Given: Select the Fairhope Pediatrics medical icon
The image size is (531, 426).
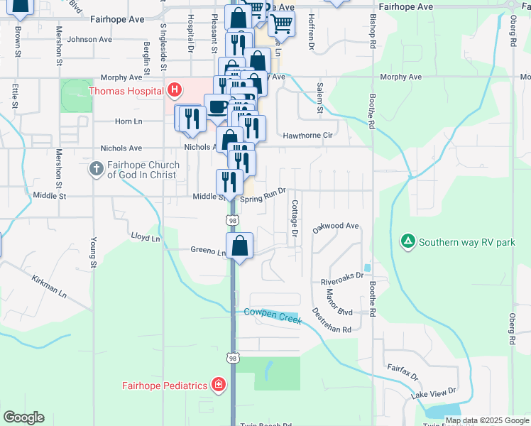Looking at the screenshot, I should tap(219, 386).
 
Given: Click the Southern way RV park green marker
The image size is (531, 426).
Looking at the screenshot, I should tap(408, 242).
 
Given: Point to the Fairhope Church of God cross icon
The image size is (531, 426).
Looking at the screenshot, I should tap(97, 169).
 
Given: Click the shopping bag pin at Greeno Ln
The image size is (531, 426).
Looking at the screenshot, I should tap(241, 246).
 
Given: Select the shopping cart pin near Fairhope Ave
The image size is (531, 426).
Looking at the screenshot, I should tap(282, 23).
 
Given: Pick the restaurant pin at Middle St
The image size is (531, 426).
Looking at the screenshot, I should tap(229, 182).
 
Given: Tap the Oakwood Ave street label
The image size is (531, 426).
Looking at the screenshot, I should tap(336, 226).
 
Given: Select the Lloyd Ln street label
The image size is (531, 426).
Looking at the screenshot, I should tap(146, 237).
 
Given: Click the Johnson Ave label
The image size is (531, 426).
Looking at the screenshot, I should tap(89, 40).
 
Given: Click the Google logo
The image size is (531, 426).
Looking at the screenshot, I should tap(23, 417).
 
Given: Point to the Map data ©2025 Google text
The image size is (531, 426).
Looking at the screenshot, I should tap(488, 420).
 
